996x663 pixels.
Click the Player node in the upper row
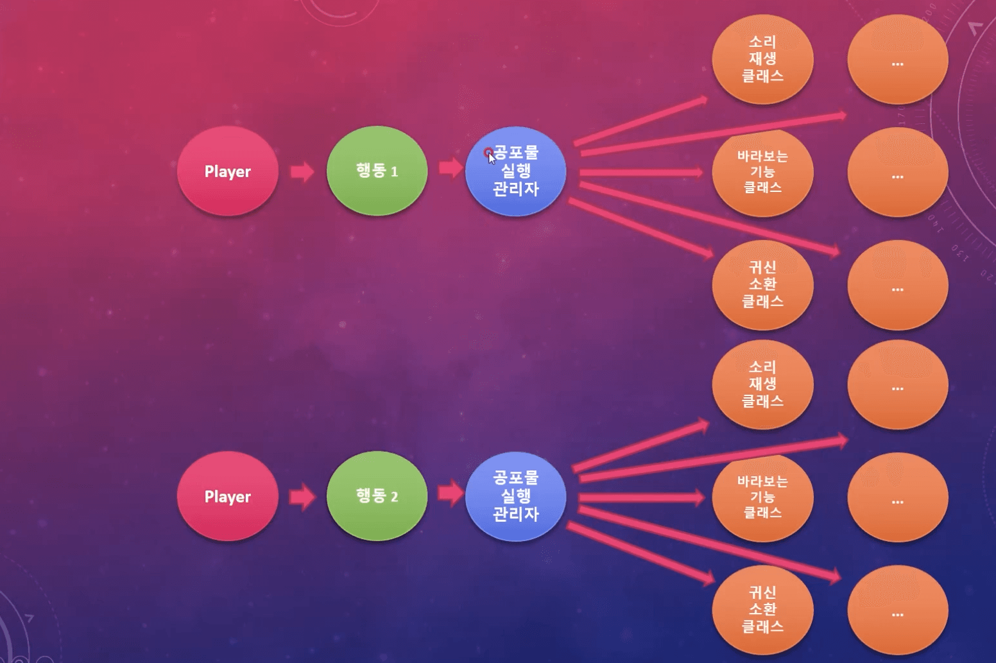(x=228, y=171)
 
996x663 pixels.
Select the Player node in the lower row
(x=228, y=496)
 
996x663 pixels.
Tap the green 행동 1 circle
(x=377, y=171)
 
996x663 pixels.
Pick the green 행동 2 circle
(x=377, y=496)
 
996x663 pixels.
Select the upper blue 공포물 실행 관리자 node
(x=516, y=171)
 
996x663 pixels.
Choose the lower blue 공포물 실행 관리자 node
(x=516, y=496)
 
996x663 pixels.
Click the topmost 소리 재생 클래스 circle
(x=762, y=59)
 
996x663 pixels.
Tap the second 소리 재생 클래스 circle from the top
(x=762, y=384)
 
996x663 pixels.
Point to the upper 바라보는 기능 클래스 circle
(x=762, y=172)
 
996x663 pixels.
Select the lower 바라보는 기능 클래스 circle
(x=762, y=497)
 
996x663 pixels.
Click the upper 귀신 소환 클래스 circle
(x=762, y=285)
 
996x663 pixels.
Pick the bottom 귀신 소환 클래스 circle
(x=762, y=610)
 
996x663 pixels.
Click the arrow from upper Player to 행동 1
(x=302, y=171)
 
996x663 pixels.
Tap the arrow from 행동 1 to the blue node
(x=451, y=168)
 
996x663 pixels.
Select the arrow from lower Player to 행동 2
(x=302, y=497)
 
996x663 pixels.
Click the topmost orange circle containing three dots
(x=898, y=59)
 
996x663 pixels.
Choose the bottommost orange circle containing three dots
(x=898, y=610)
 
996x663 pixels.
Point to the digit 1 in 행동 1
(x=394, y=172)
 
